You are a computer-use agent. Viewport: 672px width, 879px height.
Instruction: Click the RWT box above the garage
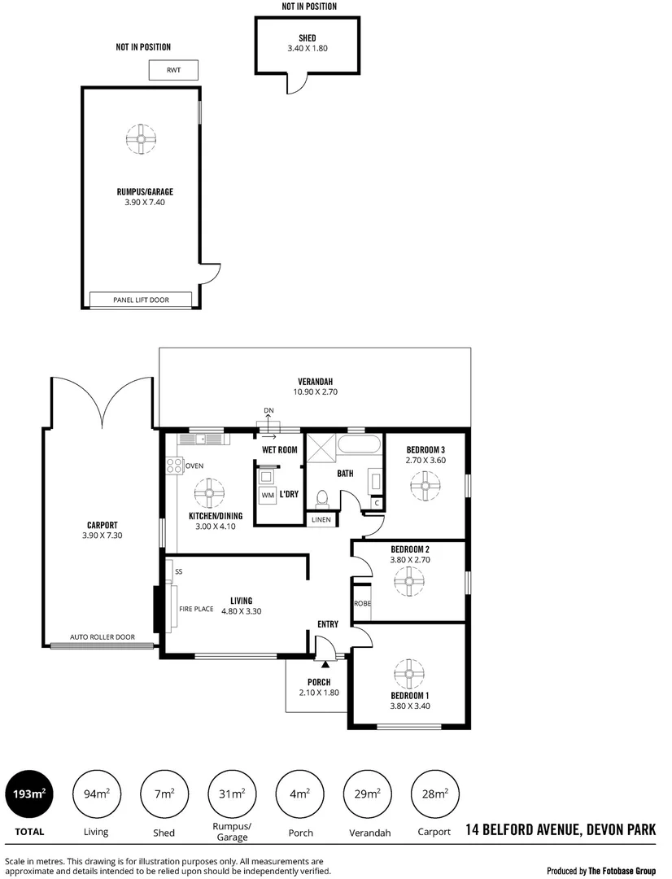click(x=173, y=70)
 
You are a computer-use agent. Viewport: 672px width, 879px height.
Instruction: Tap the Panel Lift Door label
click(x=141, y=300)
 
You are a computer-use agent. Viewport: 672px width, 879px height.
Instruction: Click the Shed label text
click(x=307, y=38)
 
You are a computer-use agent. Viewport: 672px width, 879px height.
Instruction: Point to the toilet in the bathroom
click(x=321, y=497)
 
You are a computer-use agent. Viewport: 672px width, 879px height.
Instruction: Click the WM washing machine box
click(x=268, y=495)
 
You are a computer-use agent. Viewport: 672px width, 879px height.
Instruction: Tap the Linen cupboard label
click(x=321, y=519)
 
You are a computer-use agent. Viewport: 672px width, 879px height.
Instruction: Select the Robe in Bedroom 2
click(x=362, y=604)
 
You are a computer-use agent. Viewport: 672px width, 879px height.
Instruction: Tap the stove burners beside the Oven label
click(x=174, y=466)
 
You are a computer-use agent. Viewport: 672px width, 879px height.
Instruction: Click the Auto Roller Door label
click(x=103, y=637)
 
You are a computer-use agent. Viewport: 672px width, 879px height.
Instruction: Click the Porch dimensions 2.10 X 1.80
click(x=318, y=693)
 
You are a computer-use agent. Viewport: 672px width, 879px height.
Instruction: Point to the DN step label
click(x=269, y=410)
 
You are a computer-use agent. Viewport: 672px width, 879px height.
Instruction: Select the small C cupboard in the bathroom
click(x=376, y=503)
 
